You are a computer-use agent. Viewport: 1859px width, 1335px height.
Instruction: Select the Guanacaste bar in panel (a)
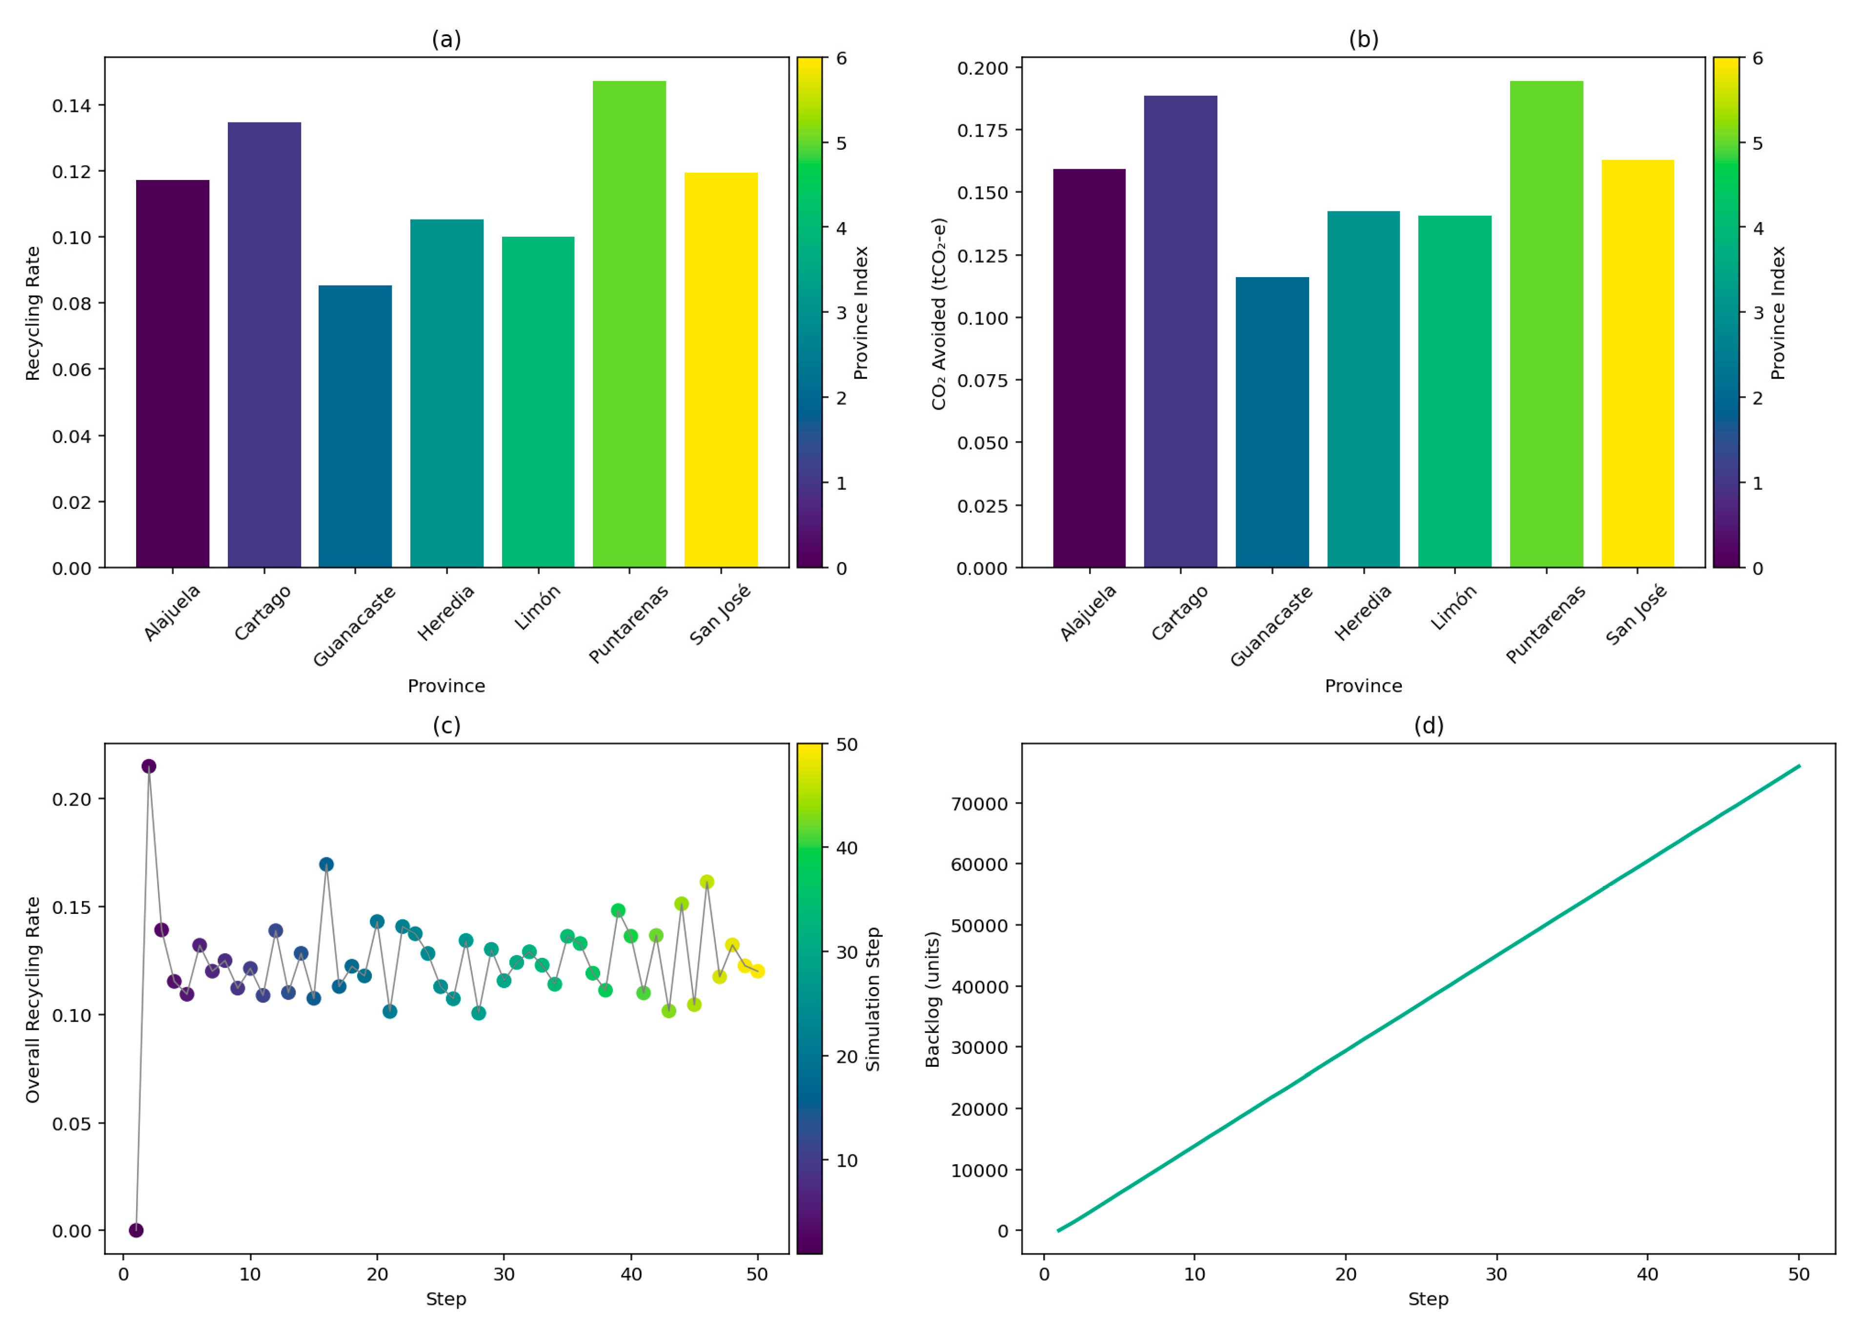tap(355, 426)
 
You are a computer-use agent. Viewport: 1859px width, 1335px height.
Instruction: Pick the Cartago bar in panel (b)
tap(1180, 331)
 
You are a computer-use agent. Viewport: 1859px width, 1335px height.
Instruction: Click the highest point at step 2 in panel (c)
tap(148, 766)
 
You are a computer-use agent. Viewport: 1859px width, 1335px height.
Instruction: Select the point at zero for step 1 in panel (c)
tap(136, 1230)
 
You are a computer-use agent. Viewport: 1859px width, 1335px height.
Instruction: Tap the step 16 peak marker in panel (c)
tap(326, 865)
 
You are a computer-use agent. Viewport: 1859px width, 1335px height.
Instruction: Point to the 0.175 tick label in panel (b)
tap(983, 130)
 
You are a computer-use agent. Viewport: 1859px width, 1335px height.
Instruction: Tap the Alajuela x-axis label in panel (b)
tap(1089, 612)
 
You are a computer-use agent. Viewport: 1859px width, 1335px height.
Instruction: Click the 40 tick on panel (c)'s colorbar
tap(846, 848)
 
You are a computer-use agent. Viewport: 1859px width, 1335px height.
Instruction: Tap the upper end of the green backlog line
tap(1798, 766)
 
